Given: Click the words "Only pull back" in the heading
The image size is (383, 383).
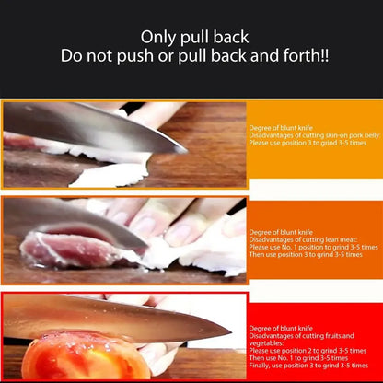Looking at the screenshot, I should point(191,37).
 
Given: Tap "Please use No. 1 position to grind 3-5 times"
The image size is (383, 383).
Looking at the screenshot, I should point(313,248).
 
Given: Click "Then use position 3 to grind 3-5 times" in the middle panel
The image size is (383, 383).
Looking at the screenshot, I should point(307,256).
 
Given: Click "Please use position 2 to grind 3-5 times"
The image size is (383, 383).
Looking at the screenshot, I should point(308,351).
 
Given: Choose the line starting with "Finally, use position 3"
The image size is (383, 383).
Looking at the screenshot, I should point(313,366).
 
